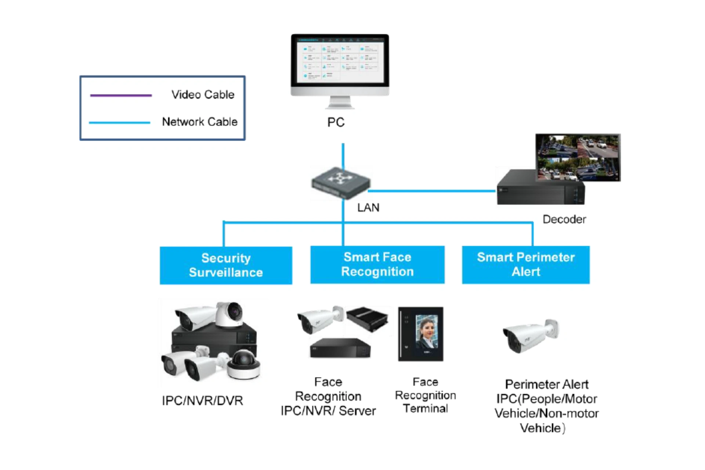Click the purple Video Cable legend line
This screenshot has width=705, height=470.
coord(121,95)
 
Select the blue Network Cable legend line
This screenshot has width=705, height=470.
coord(120,123)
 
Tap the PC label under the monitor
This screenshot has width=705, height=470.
coord(336,122)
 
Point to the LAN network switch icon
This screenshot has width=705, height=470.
coord(340,182)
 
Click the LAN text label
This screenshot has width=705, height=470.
coord(368,208)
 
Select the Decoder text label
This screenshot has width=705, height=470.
coord(564,220)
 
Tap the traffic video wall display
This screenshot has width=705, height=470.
coord(578,157)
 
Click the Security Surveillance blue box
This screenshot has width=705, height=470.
coord(226,265)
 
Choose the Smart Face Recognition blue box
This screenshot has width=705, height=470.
coord(377,264)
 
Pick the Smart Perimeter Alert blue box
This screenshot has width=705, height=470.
coord(525,264)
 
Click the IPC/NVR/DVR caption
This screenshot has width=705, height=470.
coord(202,401)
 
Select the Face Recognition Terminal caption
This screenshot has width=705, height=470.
coord(425,395)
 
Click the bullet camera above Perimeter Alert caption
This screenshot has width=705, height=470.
coord(530,335)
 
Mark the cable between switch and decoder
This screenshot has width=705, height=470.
coord(432,191)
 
